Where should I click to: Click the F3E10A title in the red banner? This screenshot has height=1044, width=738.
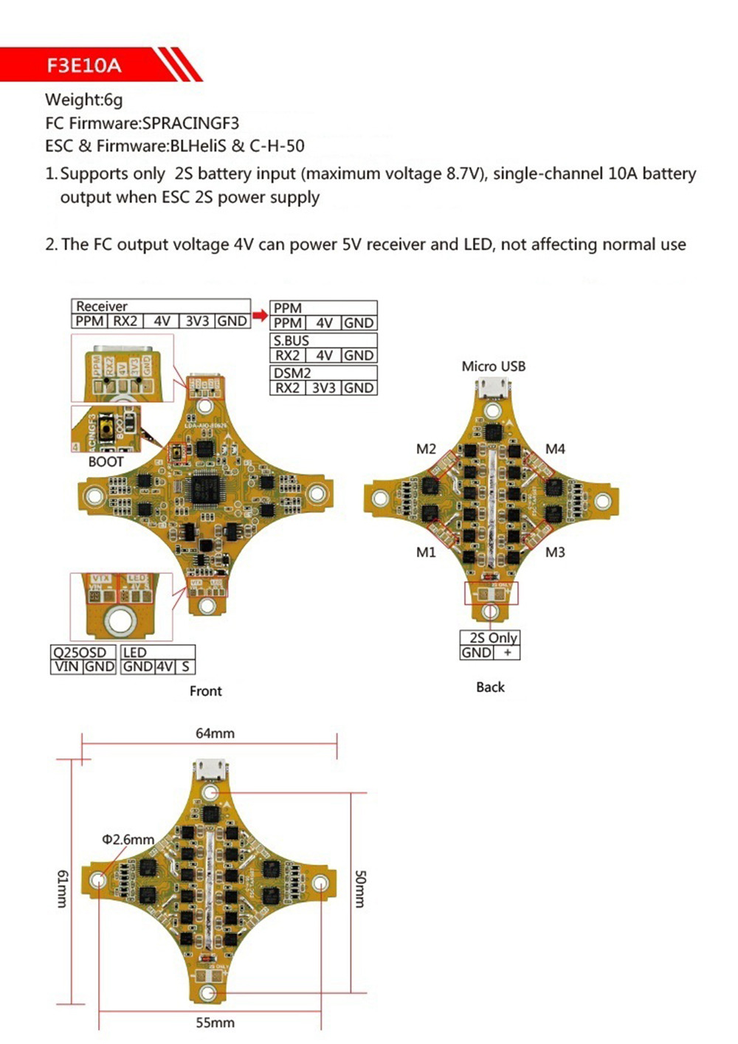(x=83, y=66)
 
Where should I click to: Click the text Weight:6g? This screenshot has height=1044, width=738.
(x=83, y=100)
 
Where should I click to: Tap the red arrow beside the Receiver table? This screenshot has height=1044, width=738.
(x=260, y=315)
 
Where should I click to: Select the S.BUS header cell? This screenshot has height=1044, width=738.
(x=292, y=341)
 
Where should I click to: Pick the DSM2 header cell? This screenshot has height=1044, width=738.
(x=292, y=373)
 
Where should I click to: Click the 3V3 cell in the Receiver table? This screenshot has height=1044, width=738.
(x=197, y=321)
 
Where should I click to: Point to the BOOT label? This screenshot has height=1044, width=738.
(x=106, y=462)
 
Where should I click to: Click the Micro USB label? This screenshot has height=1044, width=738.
(x=493, y=366)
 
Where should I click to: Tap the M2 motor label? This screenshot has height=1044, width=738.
(x=426, y=449)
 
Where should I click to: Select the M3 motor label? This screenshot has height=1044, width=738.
(x=555, y=552)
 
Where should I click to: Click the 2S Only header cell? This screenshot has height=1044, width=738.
(x=493, y=637)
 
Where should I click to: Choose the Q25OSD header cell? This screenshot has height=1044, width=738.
(x=80, y=652)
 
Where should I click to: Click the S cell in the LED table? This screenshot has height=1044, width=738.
(x=185, y=666)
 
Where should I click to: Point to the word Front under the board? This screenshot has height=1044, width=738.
(x=205, y=691)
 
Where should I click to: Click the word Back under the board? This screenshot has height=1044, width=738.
(x=490, y=687)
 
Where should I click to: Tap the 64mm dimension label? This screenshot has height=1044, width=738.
(x=215, y=733)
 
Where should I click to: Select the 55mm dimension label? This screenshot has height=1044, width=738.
(x=215, y=1023)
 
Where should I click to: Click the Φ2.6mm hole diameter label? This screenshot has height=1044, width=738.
(x=128, y=840)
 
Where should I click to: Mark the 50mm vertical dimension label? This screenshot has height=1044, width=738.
(x=360, y=888)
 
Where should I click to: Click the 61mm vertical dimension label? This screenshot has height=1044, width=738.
(x=63, y=888)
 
